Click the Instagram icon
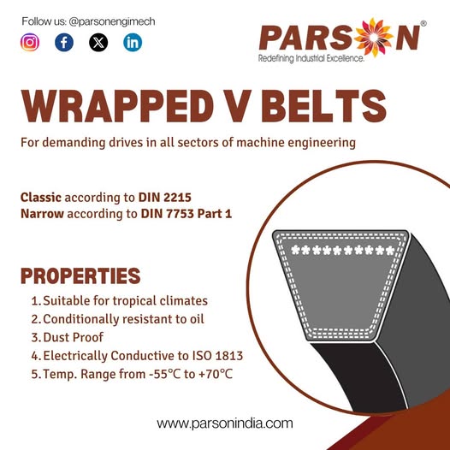pos(30,43)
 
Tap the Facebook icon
pos(64,43)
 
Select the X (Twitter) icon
pos(98,43)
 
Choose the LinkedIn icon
pos(133,43)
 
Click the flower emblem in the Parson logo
pos(373,37)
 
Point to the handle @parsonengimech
pos(112,21)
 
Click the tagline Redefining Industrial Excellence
pos(311,58)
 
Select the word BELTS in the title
pos(323,106)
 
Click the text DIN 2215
pos(165,198)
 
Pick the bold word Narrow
pos(42,214)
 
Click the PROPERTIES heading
pos(80,276)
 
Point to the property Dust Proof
pos(74,337)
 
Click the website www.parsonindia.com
pos(225,423)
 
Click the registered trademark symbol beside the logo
pos(423,24)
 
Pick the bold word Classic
pos(41,198)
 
